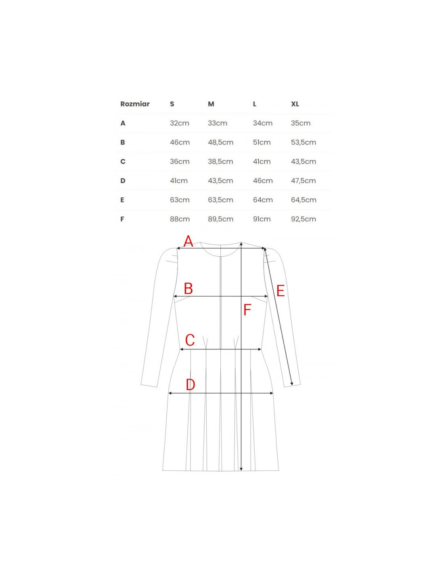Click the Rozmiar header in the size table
(135, 104)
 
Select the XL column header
(295, 104)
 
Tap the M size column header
(211, 104)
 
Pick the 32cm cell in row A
(179, 123)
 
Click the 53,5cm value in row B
(303, 142)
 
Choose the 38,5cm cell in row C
(220, 161)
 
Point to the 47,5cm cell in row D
(303, 180)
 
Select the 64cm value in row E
(263, 200)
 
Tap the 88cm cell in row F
(180, 219)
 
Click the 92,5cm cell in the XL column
(303, 219)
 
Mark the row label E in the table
(122, 200)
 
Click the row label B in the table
(123, 142)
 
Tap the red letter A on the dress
(188, 241)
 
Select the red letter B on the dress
(188, 289)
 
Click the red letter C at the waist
(190, 340)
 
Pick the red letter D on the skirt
(190, 384)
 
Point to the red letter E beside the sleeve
(281, 291)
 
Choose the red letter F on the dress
(247, 310)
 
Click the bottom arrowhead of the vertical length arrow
(241, 469)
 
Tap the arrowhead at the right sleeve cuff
(291, 383)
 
